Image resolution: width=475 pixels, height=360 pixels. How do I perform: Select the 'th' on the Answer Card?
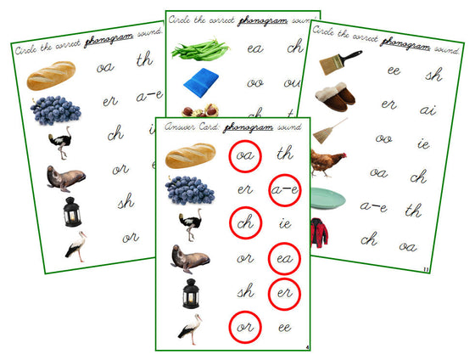[x=285, y=155]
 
